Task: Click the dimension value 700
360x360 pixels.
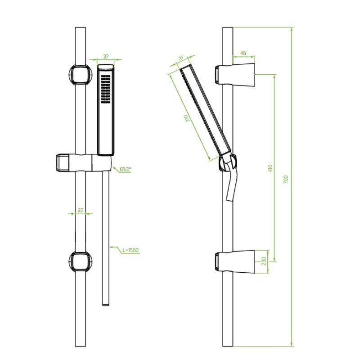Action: [x=286, y=179]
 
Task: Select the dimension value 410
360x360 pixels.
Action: [x=270, y=168]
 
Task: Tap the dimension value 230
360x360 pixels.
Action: [x=264, y=261]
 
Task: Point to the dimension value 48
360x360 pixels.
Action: [x=243, y=53]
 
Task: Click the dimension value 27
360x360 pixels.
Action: [x=181, y=58]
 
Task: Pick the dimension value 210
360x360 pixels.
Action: [x=188, y=118]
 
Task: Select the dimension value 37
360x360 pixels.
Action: [x=106, y=56]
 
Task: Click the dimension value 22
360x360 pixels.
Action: [x=81, y=210]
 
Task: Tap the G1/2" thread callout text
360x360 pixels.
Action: [x=126, y=170]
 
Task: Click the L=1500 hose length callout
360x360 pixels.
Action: [x=130, y=250]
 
